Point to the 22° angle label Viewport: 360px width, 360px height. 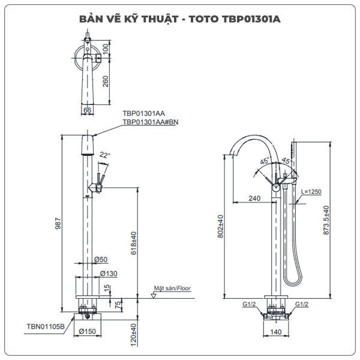click(x=105, y=155)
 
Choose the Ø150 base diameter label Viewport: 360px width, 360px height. click(x=88, y=330)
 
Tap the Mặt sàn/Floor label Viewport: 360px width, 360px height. click(x=172, y=289)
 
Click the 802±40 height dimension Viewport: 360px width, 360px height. click(x=221, y=227)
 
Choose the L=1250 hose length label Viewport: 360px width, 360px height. click(x=312, y=191)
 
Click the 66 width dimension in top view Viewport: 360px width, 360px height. click(x=87, y=110)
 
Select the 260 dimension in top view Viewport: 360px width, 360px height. click(x=106, y=82)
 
